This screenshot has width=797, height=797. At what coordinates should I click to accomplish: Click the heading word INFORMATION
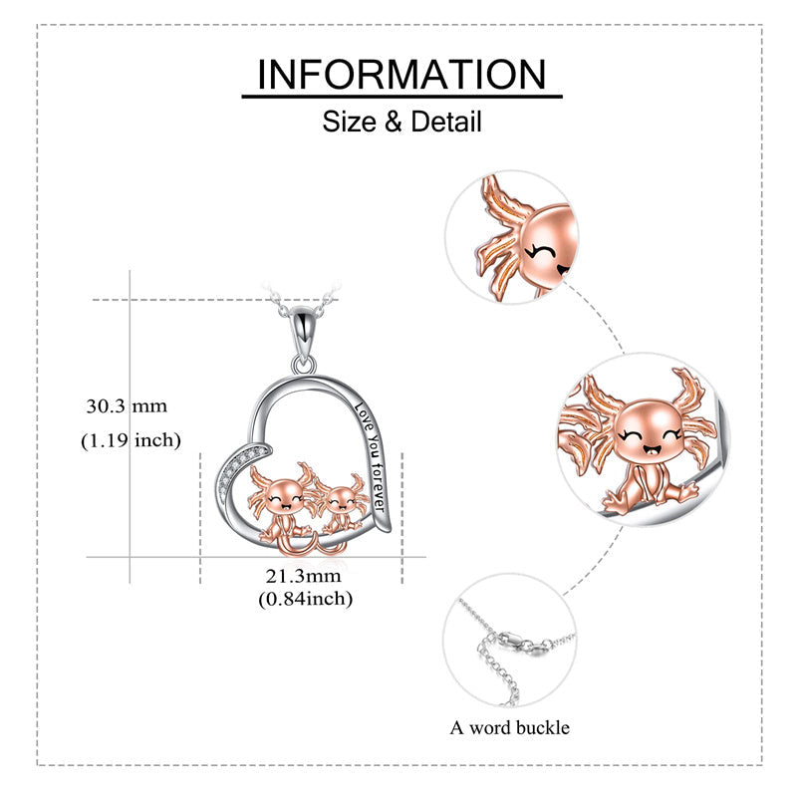point(401,74)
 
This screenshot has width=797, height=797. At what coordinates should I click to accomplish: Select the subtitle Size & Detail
point(401,122)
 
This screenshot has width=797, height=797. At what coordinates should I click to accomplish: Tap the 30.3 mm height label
point(127,406)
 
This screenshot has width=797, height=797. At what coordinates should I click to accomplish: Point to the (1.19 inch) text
point(132,440)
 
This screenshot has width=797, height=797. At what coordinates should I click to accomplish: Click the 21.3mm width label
point(304,576)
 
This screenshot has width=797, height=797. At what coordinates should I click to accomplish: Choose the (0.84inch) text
point(306,599)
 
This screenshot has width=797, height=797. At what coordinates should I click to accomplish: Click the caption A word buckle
point(509,728)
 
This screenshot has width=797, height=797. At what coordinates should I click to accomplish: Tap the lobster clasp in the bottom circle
point(519,643)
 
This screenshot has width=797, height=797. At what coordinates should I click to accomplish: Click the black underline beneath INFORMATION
point(402,96)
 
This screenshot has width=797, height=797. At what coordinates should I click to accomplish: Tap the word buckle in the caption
point(543,728)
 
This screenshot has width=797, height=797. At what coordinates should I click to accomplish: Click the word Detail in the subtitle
point(446,122)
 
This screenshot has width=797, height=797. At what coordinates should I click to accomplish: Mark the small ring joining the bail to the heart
point(304,364)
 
